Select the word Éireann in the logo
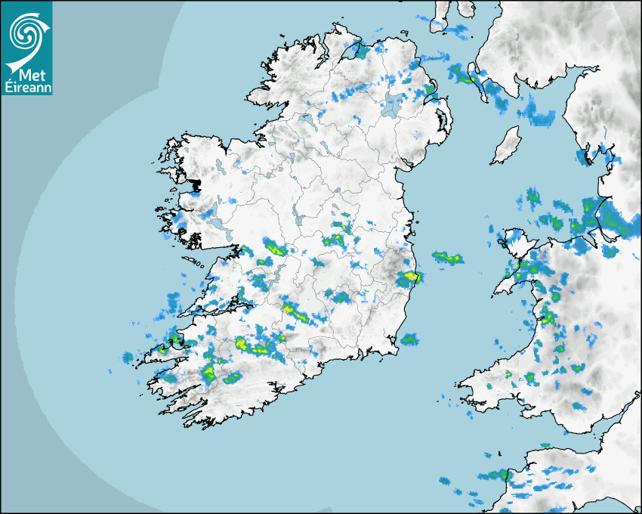pos(26,88)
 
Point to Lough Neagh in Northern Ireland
pos(393,105)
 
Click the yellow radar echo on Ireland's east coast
pos(409,277)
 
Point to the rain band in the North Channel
pos(461,73)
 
